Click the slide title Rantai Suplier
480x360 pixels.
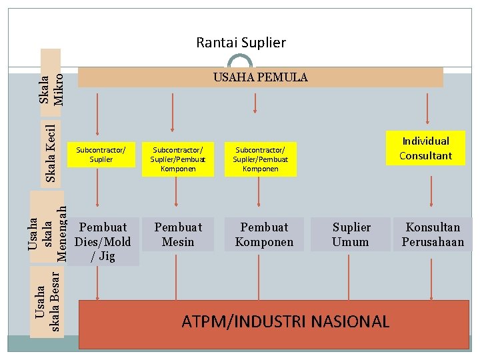click(241, 43)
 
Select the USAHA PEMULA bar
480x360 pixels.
click(260, 77)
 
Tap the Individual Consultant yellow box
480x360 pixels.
click(425, 148)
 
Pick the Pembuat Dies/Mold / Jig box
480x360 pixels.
click(103, 241)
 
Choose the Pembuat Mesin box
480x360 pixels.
click(178, 234)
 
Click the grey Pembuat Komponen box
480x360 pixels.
click(264, 234)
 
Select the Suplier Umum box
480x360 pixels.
click(351, 234)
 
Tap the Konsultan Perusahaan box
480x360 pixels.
click(433, 234)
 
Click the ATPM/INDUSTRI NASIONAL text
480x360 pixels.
click(285, 321)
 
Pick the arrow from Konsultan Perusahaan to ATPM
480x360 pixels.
click(433, 276)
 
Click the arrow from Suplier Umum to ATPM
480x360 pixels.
click(351, 276)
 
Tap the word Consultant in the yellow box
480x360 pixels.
click(425, 156)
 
